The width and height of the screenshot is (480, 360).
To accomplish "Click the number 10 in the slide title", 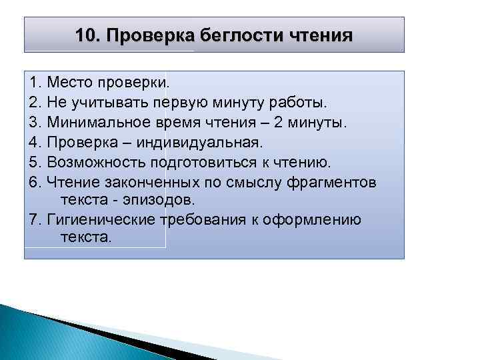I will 85,35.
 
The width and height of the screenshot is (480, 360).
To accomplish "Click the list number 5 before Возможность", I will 34,162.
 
